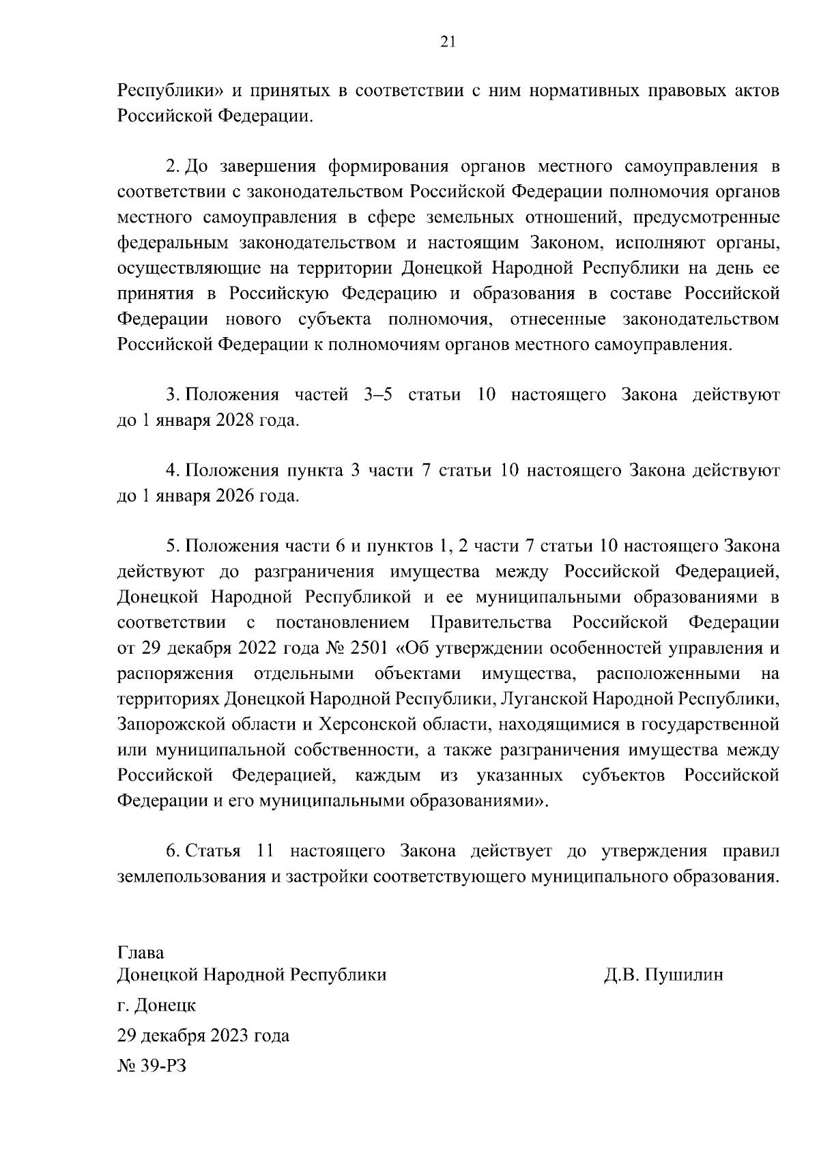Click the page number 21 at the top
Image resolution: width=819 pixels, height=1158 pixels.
[x=448, y=42]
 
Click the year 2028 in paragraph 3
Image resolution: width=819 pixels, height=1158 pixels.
[x=235, y=420]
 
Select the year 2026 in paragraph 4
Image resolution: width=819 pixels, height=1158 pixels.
[x=235, y=496]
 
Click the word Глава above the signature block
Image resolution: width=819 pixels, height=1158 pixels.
[x=141, y=952]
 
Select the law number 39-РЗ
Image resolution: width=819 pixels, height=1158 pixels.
[x=164, y=1066]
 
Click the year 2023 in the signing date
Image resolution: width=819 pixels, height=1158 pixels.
[x=229, y=1036]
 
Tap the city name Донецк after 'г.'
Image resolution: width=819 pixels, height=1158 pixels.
[x=166, y=1005]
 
